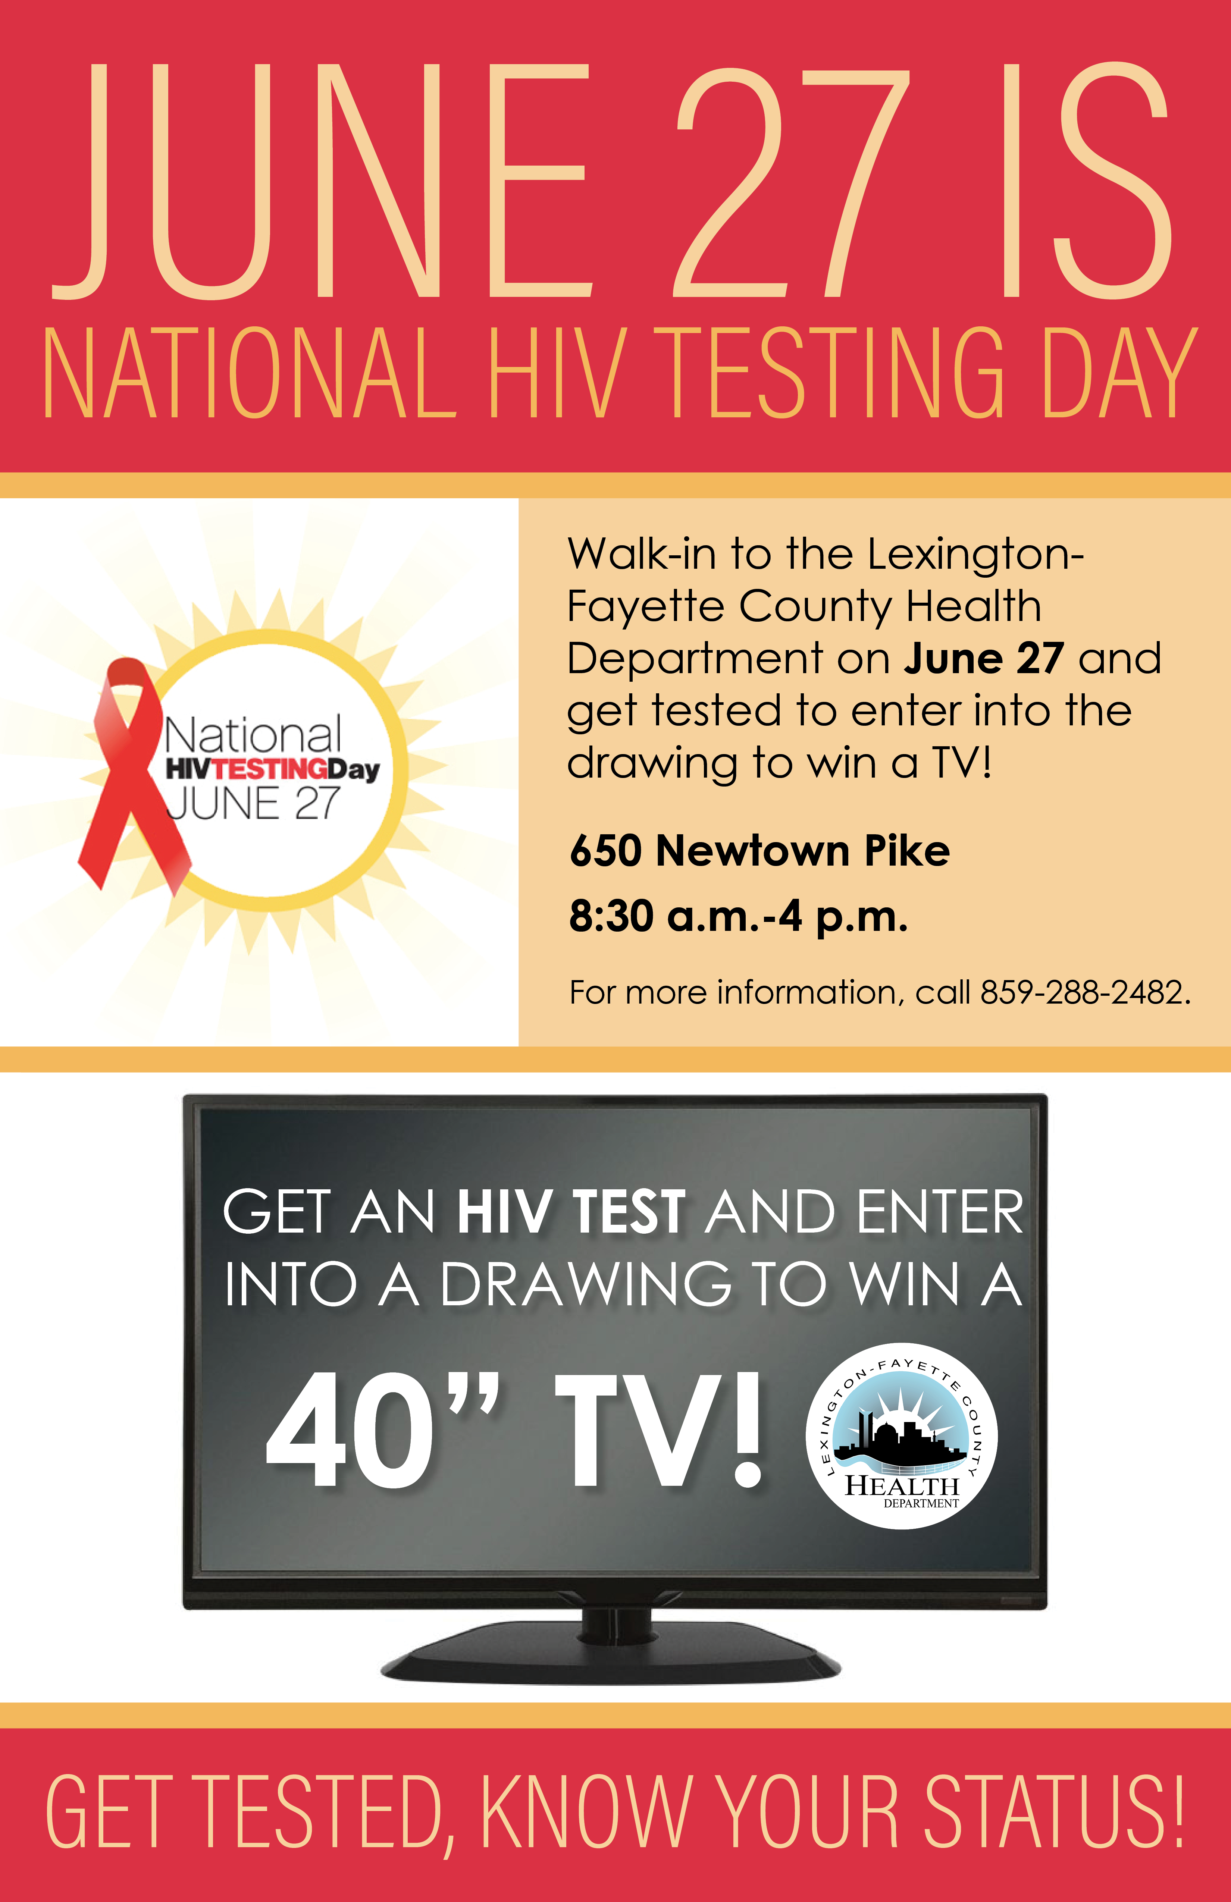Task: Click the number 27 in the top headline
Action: [791, 182]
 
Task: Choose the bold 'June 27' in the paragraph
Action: [983, 659]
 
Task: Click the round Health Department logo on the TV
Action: [902, 1436]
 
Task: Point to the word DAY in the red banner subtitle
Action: [1119, 373]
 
